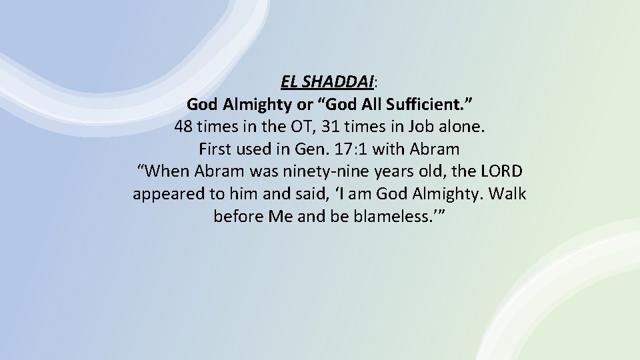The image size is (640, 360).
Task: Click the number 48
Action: [x=184, y=127]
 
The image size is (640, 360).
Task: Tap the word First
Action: [x=216, y=149]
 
